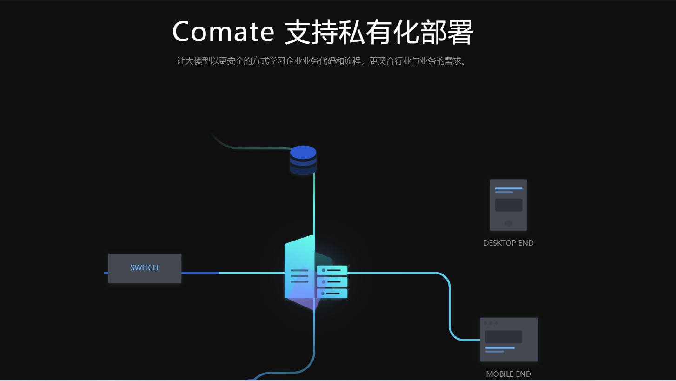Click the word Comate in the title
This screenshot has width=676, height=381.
point(224,32)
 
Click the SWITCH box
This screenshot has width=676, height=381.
point(145,268)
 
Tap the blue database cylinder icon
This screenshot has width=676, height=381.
point(303,160)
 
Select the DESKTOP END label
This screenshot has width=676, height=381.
point(508,243)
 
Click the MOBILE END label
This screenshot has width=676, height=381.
point(508,374)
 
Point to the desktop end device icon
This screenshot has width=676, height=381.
point(508,205)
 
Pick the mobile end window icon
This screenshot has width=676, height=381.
point(509,340)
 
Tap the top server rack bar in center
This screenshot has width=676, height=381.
point(332,270)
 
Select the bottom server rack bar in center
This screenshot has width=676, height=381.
point(332,293)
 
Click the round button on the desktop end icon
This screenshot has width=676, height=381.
point(509,223)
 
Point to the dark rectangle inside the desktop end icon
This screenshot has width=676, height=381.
point(508,205)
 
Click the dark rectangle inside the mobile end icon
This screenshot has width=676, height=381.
point(503,336)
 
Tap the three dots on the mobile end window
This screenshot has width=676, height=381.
point(490,323)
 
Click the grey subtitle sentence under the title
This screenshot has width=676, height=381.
point(321,61)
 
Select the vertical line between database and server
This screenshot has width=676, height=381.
point(314,205)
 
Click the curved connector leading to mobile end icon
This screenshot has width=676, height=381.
point(450,307)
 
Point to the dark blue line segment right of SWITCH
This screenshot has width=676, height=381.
point(200,273)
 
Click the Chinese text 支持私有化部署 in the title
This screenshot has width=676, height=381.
point(378,32)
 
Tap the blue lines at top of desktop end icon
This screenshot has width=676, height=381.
point(508,190)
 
